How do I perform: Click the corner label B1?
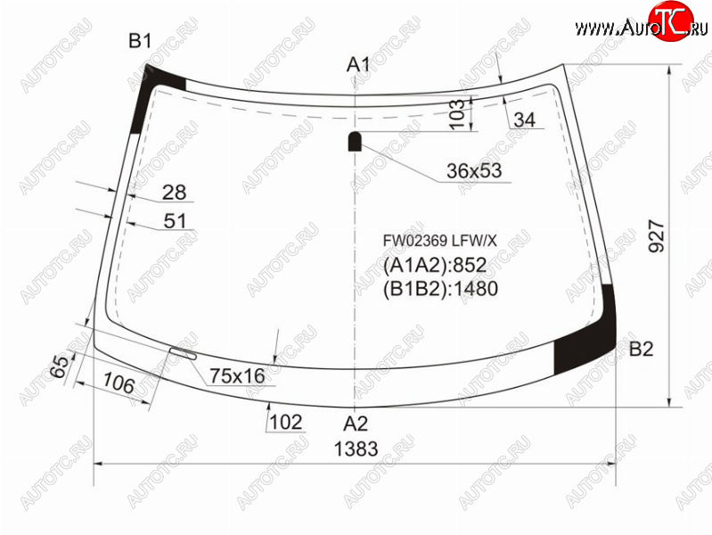click(x=140, y=41)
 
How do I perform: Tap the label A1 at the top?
click(x=358, y=65)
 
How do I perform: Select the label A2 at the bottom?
click(x=356, y=424)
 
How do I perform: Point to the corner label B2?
click(x=642, y=350)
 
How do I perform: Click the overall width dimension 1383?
click(x=356, y=449)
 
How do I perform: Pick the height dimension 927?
click(x=657, y=236)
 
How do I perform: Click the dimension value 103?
click(x=457, y=113)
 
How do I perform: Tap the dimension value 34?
click(x=525, y=119)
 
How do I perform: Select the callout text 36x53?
click(x=474, y=171)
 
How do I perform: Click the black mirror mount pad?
click(x=355, y=141)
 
